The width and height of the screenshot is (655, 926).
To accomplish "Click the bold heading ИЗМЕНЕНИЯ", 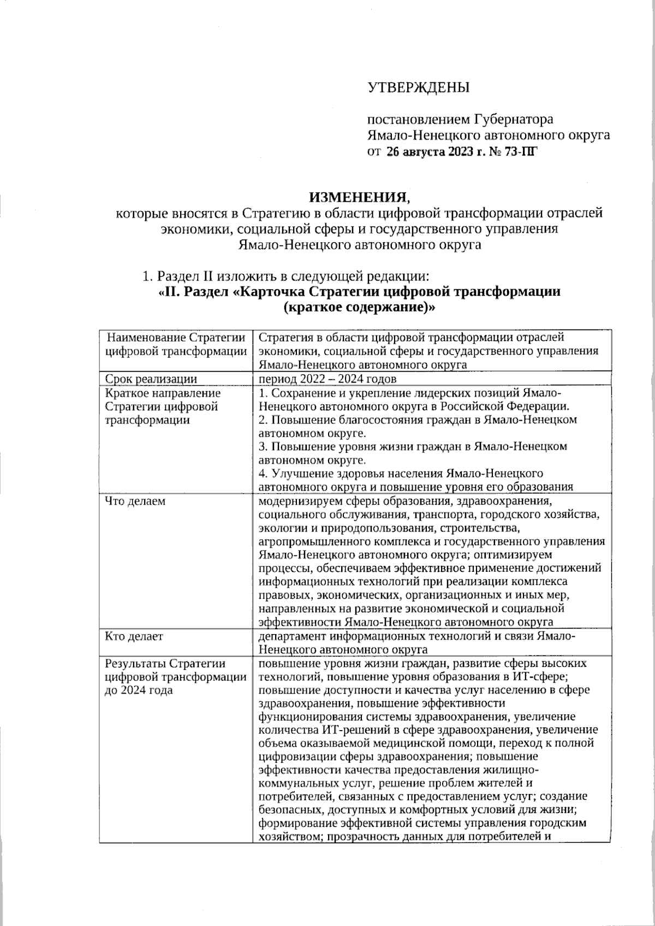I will click(x=358, y=196).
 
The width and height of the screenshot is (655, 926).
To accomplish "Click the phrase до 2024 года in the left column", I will click(x=138, y=690).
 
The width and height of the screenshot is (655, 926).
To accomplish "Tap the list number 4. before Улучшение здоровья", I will click(x=263, y=474).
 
